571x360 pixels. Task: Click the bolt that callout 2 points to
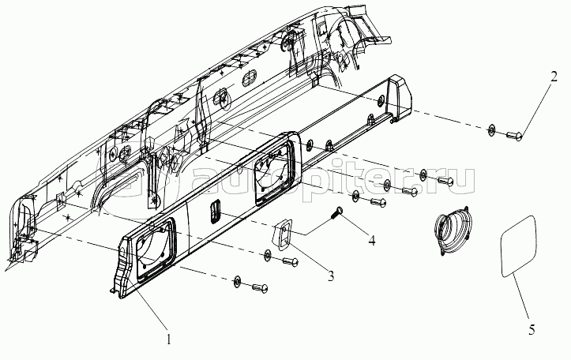pyautogui.click(x=513, y=137)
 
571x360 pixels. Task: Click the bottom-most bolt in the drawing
pyautogui.click(x=257, y=288)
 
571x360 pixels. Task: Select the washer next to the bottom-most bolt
pyautogui.click(x=236, y=281)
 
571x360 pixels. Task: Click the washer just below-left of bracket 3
pyautogui.click(x=269, y=254)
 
